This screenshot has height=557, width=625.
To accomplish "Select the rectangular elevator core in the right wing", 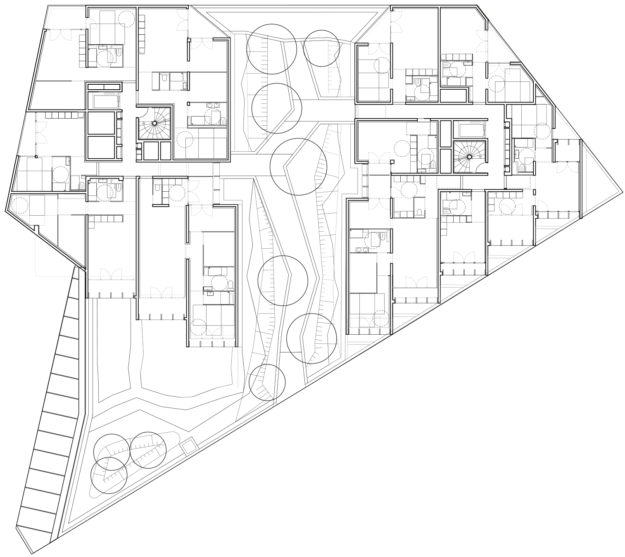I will (472, 129).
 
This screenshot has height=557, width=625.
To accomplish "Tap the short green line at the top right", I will (482, 12).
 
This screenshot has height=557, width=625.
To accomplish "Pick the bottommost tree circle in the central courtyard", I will (267, 382).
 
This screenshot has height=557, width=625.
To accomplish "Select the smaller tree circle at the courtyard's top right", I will (321, 48).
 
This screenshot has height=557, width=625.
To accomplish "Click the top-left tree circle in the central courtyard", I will (271, 49).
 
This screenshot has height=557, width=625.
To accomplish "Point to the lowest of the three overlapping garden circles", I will (109, 475).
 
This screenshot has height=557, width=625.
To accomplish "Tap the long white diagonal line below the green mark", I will (502, 43).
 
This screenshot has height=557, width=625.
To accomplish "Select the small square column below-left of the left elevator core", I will (81, 115).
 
